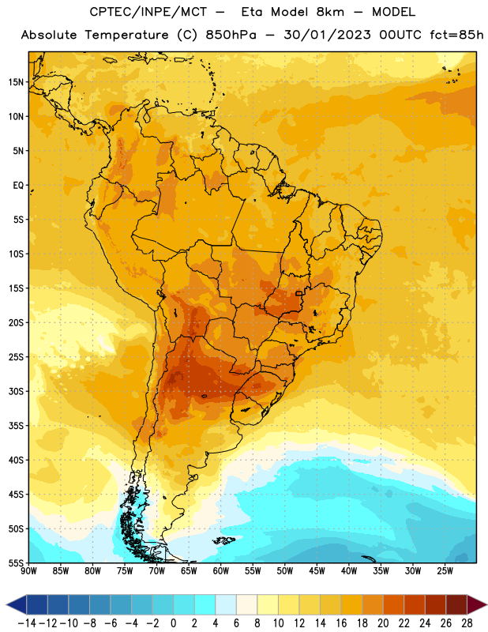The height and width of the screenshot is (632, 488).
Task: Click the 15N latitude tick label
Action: [x=16, y=82]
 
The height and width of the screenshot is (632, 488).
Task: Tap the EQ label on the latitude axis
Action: [x=18, y=186]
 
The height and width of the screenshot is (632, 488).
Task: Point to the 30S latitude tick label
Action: [x=16, y=391]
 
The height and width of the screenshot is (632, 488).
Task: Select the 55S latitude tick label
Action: [x=16, y=562]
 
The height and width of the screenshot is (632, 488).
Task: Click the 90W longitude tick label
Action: [x=28, y=571]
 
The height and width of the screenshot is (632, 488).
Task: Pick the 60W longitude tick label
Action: [x=221, y=571]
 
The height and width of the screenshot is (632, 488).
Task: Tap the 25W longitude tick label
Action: [x=445, y=571]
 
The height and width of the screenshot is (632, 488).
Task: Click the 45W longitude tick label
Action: [x=317, y=571]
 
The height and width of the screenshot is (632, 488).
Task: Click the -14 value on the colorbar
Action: [x=27, y=623]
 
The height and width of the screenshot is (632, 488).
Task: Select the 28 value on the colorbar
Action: [x=467, y=623]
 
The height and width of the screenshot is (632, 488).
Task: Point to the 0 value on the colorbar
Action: [x=173, y=623]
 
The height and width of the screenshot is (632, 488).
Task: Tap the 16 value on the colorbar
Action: [x=341, y=623]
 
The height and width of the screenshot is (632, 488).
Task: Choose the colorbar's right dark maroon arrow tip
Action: [x=486, y=604]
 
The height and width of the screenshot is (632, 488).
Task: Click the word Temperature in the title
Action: [x=126, y=35]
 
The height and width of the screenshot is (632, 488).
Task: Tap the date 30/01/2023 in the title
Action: [x=327, y=35]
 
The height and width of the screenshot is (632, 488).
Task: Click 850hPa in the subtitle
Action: [x=231, y=35]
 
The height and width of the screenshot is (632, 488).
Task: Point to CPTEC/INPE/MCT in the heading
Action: [x=148, y=12]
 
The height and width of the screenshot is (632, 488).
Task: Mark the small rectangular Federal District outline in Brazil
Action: [x=298, y=293]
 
